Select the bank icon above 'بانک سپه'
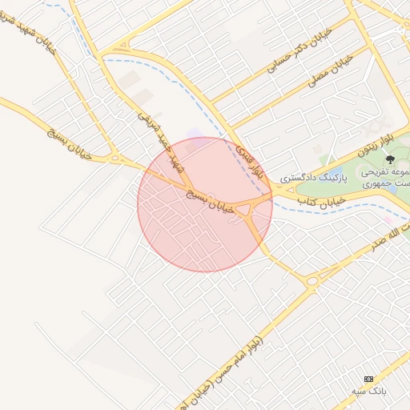coord(368,378)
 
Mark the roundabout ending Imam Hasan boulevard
coord(312,280)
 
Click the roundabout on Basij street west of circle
coord(115,159)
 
